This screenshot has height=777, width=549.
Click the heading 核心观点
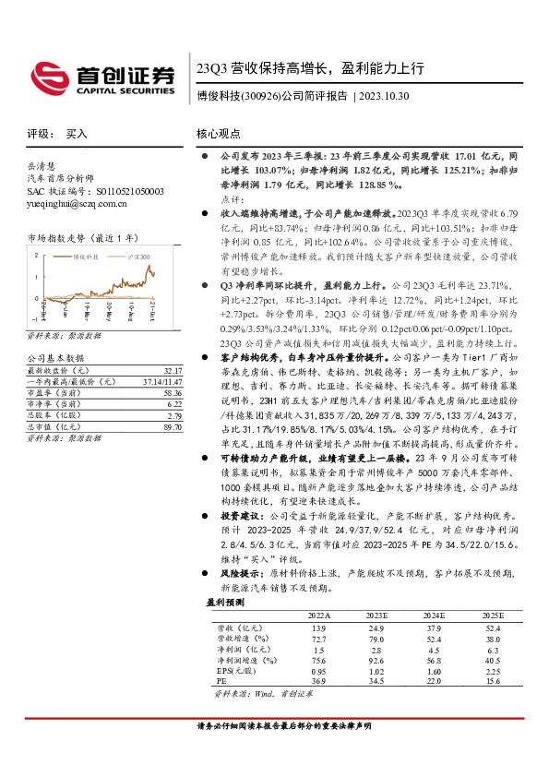point(218,133)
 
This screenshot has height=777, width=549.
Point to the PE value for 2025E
point(493,681)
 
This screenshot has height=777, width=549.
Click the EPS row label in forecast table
point(233,670)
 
